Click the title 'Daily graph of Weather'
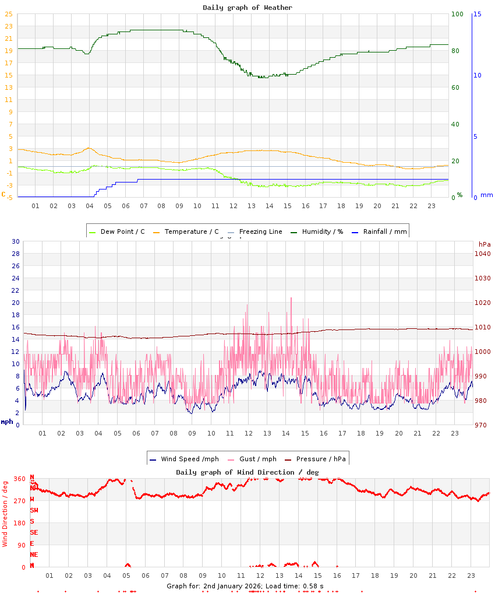248,8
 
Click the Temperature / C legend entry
186,231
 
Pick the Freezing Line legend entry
255,231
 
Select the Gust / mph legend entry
252,459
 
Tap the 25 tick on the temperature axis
9,14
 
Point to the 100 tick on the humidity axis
457,14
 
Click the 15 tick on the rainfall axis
477,14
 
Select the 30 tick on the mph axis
16,241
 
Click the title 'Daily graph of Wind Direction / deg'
248,472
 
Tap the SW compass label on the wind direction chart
34,510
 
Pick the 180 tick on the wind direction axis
20,523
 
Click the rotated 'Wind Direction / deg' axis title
5,513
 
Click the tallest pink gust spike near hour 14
291,299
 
